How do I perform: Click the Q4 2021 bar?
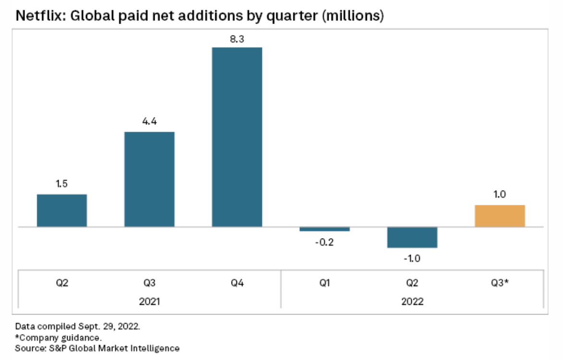click(237, 137)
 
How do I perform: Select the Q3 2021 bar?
click(149, 179)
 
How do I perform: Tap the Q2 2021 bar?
click(62, 210)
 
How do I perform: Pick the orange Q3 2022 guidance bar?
click(500, 216)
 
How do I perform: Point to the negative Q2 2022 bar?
click(412, 237)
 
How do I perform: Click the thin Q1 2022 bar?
click(325, 229)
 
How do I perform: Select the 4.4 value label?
click(149, 123)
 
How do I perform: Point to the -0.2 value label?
click(324, 242)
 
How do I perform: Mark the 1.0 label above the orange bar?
click(500, 195)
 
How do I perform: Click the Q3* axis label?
click(500, 283)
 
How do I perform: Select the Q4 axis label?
click(237, 283)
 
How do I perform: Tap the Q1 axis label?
click(325, 283)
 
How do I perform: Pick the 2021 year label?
click(149, 302)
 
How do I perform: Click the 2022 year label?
click(412, 302)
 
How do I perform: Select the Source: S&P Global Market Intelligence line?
click(97, 348)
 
